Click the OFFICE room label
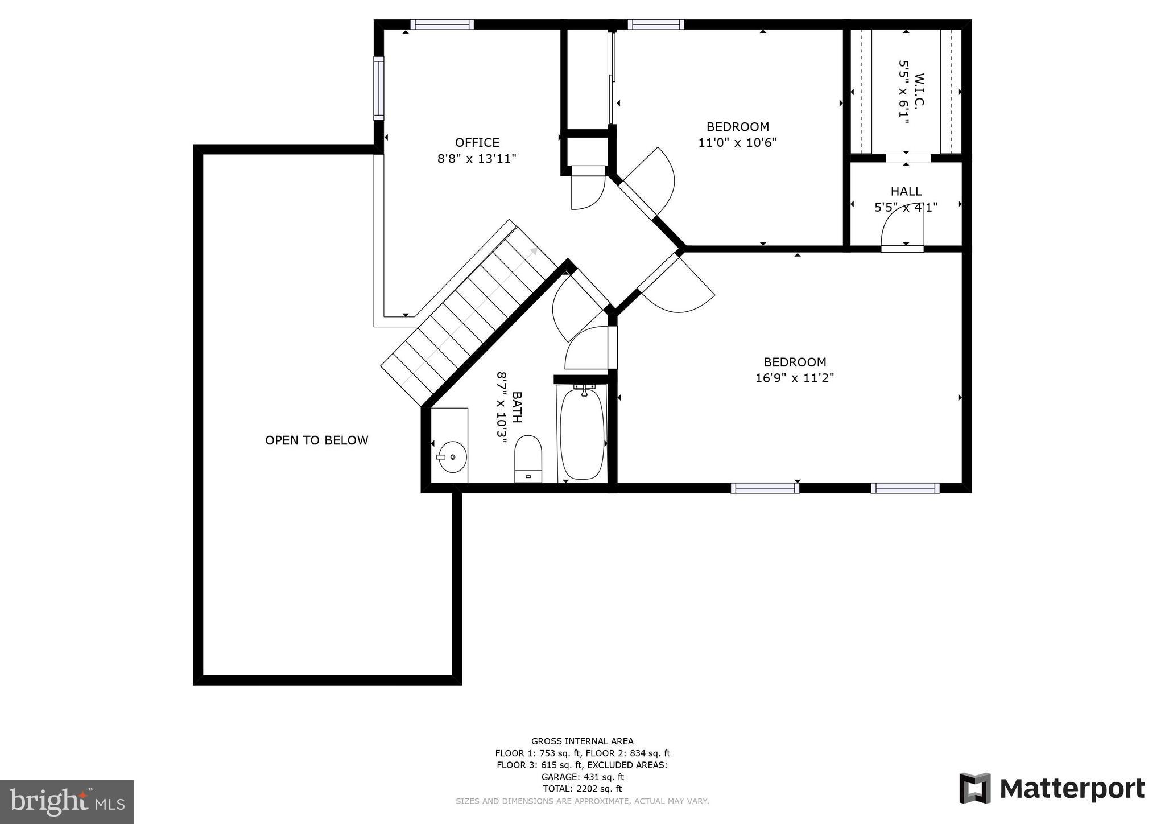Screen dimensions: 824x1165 click(477, 142)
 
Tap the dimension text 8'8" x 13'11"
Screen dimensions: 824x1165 click(477, 159)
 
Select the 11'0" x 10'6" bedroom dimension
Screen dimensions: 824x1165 click(737, 142)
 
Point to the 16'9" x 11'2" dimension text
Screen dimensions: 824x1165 click(794, 378)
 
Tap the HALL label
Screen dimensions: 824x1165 click(906, 191)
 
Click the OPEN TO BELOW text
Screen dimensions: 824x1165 click(316, 440)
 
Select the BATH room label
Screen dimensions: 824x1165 click(517, 407)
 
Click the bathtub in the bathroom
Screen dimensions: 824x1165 click(581, 432)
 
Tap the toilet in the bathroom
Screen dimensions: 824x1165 click(528, 457)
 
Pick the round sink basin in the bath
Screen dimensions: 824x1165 click(452, 456)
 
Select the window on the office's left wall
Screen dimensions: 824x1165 click(378, 88)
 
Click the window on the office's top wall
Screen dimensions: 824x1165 click(441, 24)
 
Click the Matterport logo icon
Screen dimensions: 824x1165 click(974, 788)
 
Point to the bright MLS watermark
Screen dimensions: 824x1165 click(67, 802)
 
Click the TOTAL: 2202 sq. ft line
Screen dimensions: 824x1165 click(582, 789)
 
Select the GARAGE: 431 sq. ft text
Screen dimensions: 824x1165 click(582, 777)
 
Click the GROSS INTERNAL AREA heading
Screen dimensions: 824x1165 click(582, 741)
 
